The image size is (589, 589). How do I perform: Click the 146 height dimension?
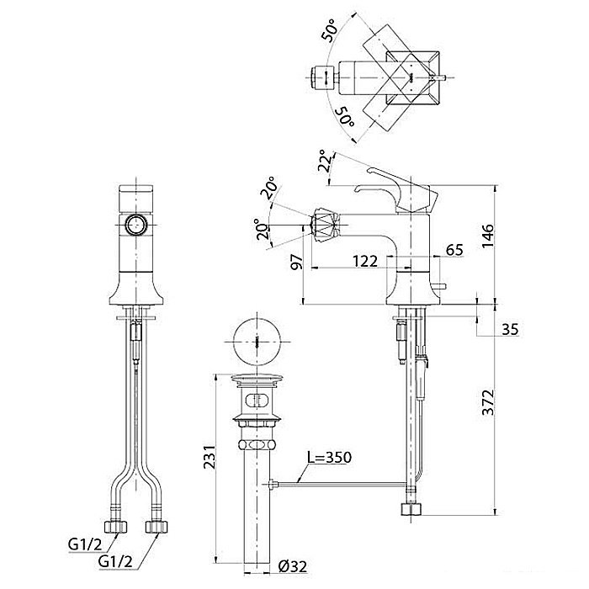coord(487,235)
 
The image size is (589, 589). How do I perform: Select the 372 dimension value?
coord(487,402)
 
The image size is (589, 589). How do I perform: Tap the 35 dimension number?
coord(510,330)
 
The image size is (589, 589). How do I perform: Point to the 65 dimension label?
coord(454,250)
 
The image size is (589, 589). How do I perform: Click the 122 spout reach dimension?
coord(365,261)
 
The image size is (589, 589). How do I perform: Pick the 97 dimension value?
coord(296,262)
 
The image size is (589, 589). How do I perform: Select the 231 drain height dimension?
coord(210,456)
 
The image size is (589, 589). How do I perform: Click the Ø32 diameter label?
coord(293,566)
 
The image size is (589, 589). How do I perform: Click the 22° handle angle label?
coord(326,162)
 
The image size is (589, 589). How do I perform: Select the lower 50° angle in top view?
coord(344,116)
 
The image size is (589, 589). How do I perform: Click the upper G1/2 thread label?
coord(85,544)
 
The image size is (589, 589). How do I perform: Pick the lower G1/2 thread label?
coord(115,561)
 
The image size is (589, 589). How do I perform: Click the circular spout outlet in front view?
coord(136,225)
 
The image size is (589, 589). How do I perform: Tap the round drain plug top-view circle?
coord(257,342)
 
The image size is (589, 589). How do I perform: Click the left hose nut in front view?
coord(115,527)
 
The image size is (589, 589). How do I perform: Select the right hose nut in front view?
coord(157,527)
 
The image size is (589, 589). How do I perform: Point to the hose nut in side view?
coord(411,509)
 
